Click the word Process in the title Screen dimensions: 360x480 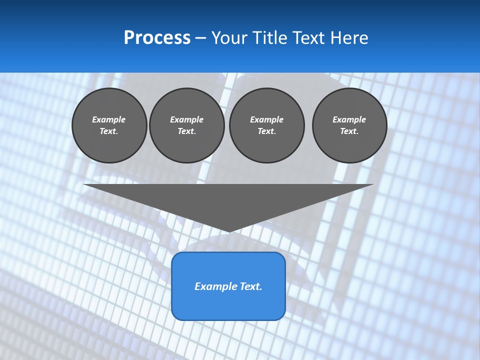(157, 38)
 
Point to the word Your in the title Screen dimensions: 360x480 (228, 38)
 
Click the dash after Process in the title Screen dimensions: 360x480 (200, 38)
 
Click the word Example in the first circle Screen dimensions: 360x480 (109, 119)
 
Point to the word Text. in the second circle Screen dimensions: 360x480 (186, 131)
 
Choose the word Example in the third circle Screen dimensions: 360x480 (266, 119)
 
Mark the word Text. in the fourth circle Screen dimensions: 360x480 (349, 131)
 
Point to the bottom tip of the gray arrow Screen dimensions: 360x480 (228, 231)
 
